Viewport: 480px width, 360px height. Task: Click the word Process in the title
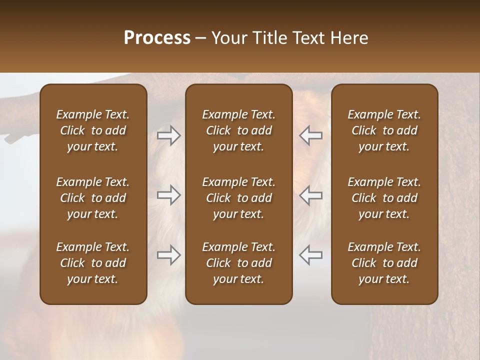coord(157,38)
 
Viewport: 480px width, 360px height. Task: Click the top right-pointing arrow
coord(169,135)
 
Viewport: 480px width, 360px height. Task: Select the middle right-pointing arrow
coord(169,195)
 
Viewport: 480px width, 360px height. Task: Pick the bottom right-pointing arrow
coord(169,255)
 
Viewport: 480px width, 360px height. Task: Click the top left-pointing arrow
coord(311,135)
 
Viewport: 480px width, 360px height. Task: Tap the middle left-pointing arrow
coord(311,195)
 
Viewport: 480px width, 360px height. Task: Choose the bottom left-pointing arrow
coord(311,255)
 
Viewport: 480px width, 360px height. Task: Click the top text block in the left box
coord(93,130)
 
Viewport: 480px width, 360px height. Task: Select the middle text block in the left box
coord(93,198)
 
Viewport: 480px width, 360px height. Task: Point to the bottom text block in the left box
coord(93,263)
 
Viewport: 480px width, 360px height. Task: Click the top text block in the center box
coord(239,130)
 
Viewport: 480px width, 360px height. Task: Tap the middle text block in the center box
coord(239,198)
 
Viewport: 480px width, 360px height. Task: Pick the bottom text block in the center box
coord(239,263)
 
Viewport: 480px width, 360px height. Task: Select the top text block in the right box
coord(384,130)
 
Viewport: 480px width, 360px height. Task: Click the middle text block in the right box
coord(384,198)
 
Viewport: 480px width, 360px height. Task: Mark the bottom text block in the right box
coord(384,263)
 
